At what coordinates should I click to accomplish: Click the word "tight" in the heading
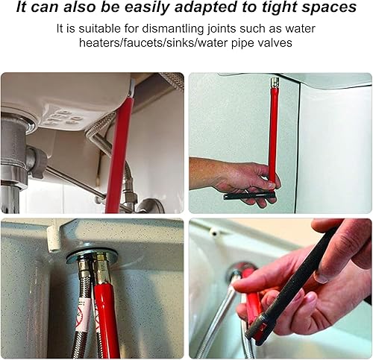point(280,7)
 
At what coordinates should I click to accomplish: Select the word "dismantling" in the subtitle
point(173,28)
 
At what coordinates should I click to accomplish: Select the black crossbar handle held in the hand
point(249,195)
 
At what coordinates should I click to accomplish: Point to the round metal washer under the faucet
point(92,256)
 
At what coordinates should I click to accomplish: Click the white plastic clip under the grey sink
point(53,239)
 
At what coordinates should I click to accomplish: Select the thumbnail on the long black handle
point(322,277)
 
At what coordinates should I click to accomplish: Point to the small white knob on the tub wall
point(213,233)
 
